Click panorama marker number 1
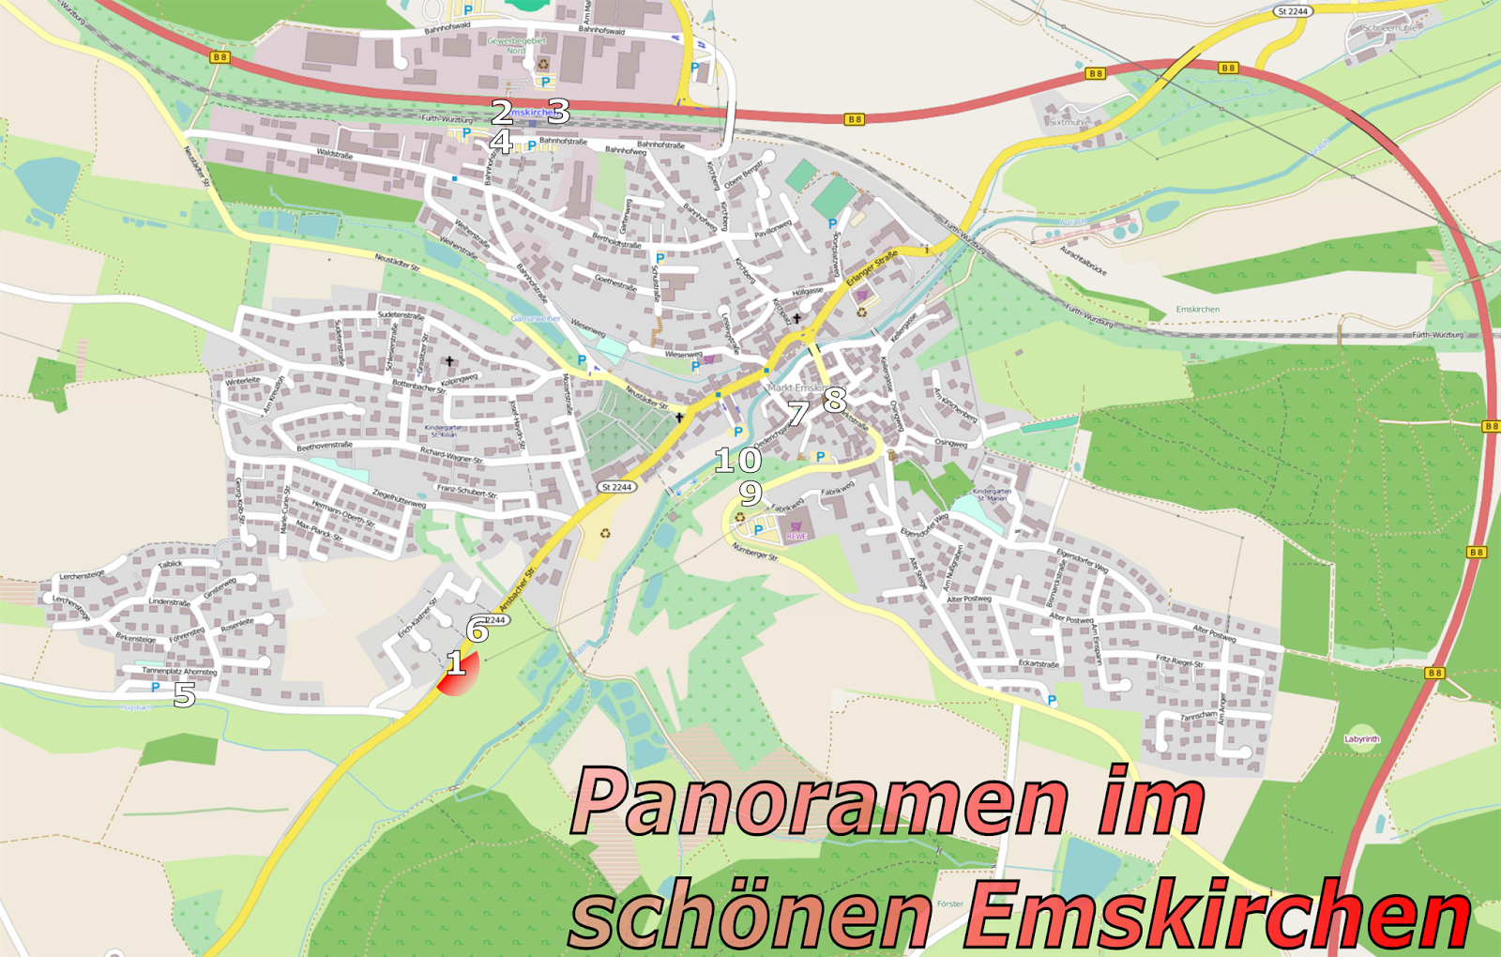point(456,664)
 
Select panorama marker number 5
point(185,695)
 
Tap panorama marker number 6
point(478,630)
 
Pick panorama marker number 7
point(797,413)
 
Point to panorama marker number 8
point(834,400)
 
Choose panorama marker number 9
point(749,493)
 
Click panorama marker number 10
point(737,460)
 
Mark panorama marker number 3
point(558,113)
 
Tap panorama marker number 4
point(502,142)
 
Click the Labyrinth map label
point(1362,739)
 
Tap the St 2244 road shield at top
point(1292,11)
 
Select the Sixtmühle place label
point(1069,122)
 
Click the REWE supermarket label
point(796,536)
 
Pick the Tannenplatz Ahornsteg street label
point(179,672)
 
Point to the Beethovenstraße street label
point(325,447)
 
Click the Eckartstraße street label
point(1039,664)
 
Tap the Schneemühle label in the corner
point(1391,28)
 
